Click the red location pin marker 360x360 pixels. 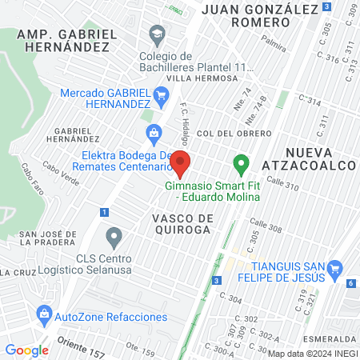pos(181,163)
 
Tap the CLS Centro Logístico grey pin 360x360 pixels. pos(114,237)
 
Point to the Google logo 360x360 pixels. pos(26,350)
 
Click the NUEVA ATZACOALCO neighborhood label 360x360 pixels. pos(319,158)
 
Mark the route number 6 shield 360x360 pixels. pos(350,283)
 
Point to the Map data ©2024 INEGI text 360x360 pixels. pos(312,353)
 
